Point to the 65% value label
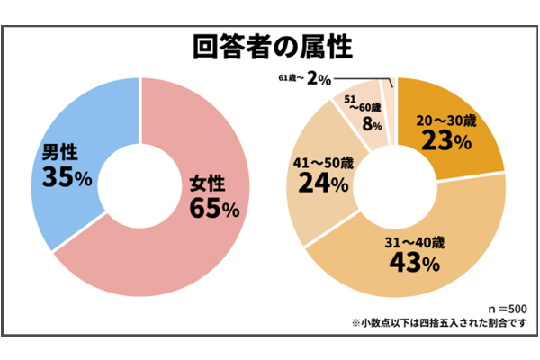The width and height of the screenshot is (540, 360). pos(213,209)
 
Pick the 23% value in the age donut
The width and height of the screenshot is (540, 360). pos(447,141)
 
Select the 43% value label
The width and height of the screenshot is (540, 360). pos(414,263)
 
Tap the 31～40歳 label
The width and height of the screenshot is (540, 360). pos(413,242)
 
